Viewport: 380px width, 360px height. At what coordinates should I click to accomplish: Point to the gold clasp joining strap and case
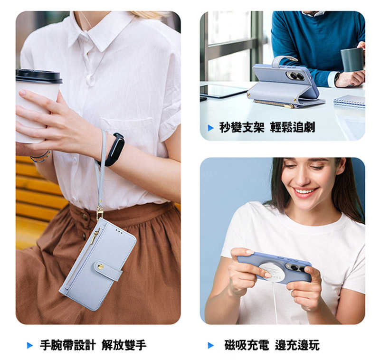pos(100,212)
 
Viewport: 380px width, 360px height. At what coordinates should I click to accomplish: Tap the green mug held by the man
pos(351,59)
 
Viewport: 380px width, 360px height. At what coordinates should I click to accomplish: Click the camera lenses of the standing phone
pos(297,76)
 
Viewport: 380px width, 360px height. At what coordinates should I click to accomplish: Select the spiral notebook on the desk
pos(349,101)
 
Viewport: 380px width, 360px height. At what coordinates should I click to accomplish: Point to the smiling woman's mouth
pos(304,192)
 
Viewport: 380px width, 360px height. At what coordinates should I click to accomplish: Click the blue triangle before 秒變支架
pos(211,127)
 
